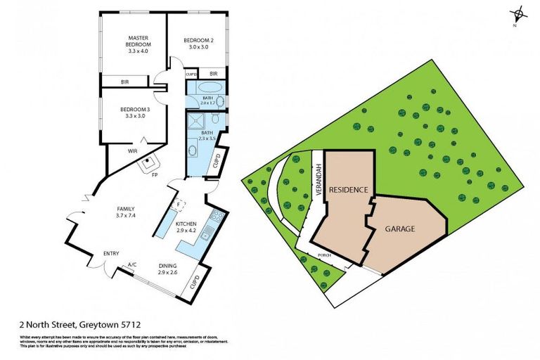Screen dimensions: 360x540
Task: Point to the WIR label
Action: click(131, 151)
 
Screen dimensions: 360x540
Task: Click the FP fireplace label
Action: click(154, 174)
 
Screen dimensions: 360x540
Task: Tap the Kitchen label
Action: click(186, 226)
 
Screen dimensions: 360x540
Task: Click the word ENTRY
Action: click(111, 253)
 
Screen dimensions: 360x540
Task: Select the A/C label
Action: click(131, 265)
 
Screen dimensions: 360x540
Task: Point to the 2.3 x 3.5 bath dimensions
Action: click(207, 139)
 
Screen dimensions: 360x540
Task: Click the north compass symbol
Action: click(518, 14)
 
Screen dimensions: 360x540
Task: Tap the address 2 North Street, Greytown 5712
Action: click(80, 325)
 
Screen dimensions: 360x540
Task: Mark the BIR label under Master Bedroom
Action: click(124, 82)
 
